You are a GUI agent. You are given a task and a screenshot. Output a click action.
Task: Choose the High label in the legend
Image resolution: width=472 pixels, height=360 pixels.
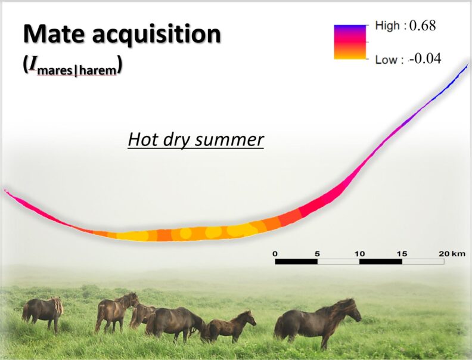pos(388,26)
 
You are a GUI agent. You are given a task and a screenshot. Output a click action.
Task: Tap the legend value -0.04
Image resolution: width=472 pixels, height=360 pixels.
pos(424,59)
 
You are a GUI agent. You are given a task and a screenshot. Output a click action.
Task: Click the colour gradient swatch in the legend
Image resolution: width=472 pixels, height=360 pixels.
pos(349,42)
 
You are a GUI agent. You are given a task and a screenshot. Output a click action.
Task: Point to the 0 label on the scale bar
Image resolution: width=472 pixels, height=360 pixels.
pos(275,254)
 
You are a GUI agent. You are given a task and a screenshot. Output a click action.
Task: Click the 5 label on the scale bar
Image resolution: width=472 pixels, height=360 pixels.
pos(317,254)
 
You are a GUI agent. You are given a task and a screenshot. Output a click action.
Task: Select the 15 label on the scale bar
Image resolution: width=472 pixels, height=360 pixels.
pos(402,254)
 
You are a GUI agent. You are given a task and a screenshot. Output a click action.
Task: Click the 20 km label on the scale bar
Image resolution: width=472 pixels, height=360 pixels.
pos(450,254)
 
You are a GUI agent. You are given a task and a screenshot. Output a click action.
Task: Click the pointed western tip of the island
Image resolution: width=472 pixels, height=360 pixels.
pos(6,191)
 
